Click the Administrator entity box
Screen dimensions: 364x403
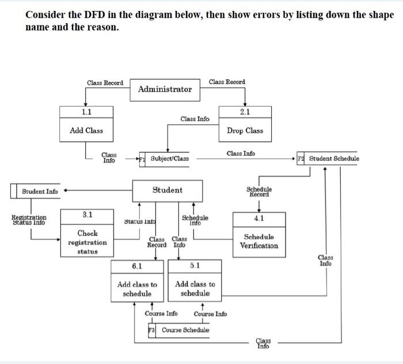[165, 89]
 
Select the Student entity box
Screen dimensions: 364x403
[167, 190]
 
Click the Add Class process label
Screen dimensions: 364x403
[86, 130]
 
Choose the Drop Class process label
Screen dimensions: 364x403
[245, 130]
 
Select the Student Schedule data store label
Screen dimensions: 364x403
[333, 159]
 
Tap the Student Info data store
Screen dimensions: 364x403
[40, 192]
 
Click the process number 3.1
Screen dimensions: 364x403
[88, 215]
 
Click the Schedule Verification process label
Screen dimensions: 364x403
[258, 241]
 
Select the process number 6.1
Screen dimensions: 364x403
[137, 266]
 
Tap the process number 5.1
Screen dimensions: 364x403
[195, 266]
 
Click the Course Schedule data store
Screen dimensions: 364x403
[185, 330]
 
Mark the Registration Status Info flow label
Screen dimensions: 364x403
[29, 220]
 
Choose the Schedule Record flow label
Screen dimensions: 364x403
[259, 192]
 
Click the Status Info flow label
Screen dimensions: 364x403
[141, 221]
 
